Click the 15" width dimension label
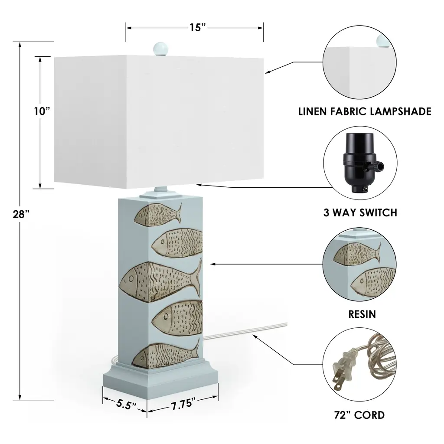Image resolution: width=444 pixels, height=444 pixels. [197, 28]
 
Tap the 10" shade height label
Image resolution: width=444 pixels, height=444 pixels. [42, 111]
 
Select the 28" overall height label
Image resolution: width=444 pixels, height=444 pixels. [21, 213]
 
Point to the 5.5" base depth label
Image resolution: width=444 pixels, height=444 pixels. [125, 405]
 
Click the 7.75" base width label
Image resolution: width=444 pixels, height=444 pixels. [181, 405]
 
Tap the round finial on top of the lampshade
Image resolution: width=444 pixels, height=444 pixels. [160, 47]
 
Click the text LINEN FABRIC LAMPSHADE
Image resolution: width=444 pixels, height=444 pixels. [365, 111]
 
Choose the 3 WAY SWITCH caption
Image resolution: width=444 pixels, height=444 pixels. [360, 212]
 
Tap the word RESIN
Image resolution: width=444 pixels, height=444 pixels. [362, 314]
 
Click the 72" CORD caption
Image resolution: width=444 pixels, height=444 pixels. [360, 415]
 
